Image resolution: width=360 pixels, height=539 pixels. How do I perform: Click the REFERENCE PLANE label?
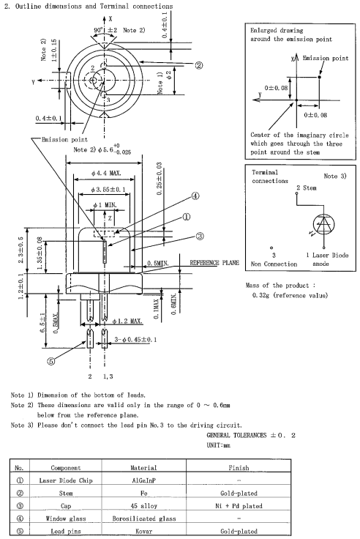[x=214, y=263]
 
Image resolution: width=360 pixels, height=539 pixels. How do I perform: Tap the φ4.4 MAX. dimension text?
[x=106, y=174]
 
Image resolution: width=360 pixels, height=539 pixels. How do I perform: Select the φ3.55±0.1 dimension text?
[x=108, y=190]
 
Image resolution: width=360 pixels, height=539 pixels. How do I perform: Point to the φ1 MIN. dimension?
[x=105, y=205]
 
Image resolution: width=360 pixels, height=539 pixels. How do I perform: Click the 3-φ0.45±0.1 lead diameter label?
[x=135, y=340]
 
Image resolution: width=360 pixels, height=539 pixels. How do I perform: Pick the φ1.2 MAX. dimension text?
[x=127, y=321]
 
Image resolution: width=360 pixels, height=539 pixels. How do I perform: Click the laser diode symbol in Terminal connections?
[x=323, y=225]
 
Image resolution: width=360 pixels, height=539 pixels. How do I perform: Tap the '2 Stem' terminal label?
[x=307, y=187]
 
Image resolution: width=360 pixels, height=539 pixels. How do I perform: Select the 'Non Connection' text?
[x=274, y=264]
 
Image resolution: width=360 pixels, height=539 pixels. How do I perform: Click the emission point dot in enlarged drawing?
[x=320, y=77]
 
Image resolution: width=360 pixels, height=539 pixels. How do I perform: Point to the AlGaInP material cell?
[x=144, y=480]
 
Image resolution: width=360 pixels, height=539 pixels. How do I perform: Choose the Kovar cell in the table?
[x=143, y=531]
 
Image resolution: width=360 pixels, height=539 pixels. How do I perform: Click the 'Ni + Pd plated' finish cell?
[x=239, y=506]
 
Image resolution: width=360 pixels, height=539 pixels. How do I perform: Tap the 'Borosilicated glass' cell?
[x=144, y=518]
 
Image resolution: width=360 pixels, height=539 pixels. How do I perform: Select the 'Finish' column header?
[x=239, y=467]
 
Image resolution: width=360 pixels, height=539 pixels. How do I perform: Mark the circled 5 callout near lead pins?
[x=50, y=361]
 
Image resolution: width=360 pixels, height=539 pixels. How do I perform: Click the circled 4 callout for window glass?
[x=195, y=196]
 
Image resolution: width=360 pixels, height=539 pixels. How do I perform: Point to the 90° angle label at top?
[x=99, y=30]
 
